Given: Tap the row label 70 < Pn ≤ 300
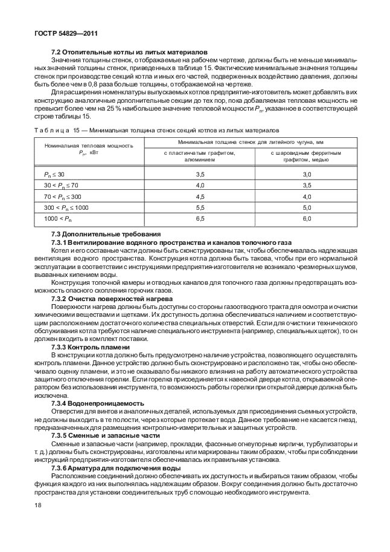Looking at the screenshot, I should pyautogui.click(x=62, y=196).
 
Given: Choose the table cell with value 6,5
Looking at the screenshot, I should pyautogui.click(x=199, y=218).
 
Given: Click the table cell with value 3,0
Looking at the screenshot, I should pyautogui.click(x=306, y=174).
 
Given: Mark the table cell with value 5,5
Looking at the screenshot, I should pyautogui.click(x=199, y=207).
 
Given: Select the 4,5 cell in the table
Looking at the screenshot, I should pyautogui.click(x=199, y=196).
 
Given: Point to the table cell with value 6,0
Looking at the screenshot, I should pyautogui.click(x=306, y=218).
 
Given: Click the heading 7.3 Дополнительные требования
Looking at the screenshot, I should pyautogui.click(x=106, y=233).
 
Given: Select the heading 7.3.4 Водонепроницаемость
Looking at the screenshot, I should pyautogui.click(x=97, y=403).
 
